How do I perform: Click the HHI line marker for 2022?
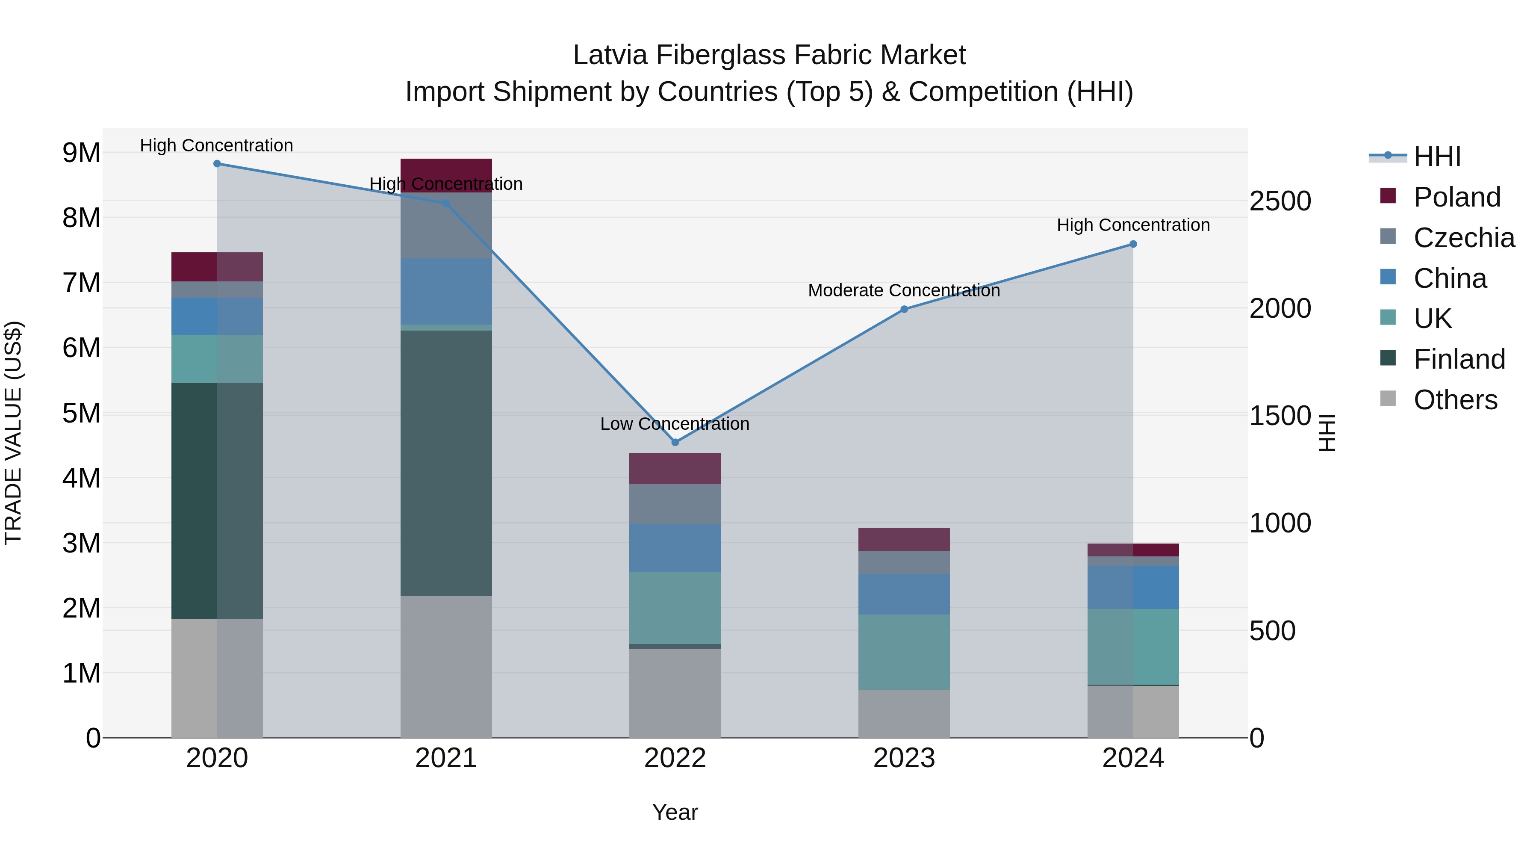coord(675,442)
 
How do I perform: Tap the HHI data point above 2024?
coord(1133,244)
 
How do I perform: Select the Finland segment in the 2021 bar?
coord(446,463)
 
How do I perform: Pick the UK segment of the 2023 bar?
coord(904,652)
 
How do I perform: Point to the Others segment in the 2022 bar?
coord(675,693)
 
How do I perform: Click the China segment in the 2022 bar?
coord(675,548)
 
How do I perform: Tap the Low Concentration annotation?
coord(675,424)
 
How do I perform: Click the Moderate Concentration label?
coord(903,290)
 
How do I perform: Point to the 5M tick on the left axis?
coord(81,413)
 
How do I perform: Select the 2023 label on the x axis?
coord(904,758)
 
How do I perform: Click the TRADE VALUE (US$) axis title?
coord(13,433)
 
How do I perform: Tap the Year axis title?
coord(675,812)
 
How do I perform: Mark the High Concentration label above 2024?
coord(1133,225)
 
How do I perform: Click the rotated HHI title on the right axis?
coord(1326,433)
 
